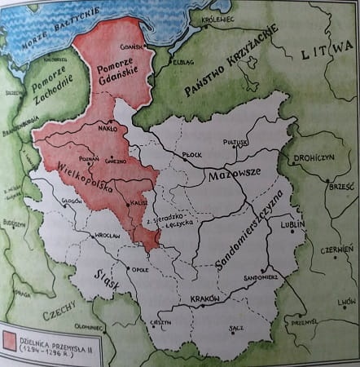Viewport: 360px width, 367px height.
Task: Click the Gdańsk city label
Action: click(131, 47)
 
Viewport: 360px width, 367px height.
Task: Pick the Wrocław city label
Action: click(106, 237)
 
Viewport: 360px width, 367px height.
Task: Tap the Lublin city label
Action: click(291, 222)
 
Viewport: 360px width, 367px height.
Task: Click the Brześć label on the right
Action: click(333, 186)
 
